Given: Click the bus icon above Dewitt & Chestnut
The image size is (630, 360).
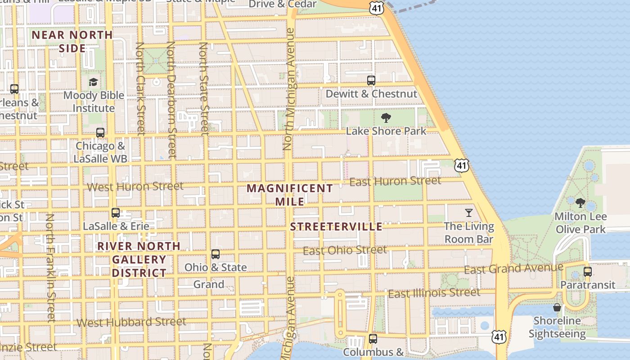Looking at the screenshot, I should point(371,81).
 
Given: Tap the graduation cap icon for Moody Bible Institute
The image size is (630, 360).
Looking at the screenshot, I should point(93,82).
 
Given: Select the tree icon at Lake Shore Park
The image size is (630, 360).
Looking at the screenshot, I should point(386,118).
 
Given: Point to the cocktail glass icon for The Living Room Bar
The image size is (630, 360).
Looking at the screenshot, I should point(469,212).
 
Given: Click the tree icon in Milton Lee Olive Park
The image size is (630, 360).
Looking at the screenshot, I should point(580,203).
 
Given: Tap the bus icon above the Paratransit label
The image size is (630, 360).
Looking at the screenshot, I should point(587,272).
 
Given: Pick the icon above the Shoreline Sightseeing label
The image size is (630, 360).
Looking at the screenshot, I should point(557,307).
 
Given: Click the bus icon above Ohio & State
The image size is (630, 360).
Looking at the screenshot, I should point(216,254).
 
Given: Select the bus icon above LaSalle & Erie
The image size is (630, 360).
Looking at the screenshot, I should point(116,212).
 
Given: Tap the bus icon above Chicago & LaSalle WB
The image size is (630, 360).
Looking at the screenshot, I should point(100,133).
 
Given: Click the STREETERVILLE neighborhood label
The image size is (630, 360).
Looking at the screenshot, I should point(336,226).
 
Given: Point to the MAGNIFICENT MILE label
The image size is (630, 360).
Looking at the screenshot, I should point(290,194).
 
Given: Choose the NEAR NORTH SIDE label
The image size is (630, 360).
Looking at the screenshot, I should point(72,41).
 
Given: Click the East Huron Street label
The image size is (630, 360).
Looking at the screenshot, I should point(395,181).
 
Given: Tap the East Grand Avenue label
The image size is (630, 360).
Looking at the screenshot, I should point(513,269).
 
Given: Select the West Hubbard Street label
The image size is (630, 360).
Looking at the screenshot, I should point(131,322).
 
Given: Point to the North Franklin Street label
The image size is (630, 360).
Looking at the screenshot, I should point(50,268).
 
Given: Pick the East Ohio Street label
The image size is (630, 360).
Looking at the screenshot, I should point(345,250).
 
